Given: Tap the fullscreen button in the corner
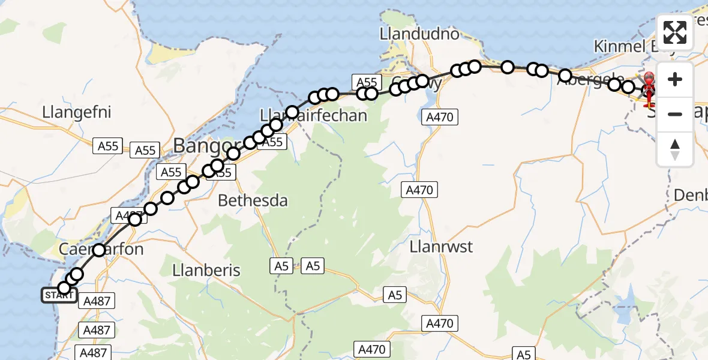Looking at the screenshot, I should click(x=675, y=32).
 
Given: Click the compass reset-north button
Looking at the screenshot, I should click(x=675, y=149).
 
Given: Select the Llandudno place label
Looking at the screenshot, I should click(x=419, y=34).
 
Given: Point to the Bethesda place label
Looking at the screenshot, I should click(x=253, y=200).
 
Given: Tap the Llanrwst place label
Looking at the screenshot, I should click(x=442, y=247).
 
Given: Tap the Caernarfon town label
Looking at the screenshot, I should click(x=101, y=249).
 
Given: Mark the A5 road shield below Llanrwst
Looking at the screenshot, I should click(x=396, y=295).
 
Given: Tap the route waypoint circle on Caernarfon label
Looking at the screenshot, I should click(x=99, y=250).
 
